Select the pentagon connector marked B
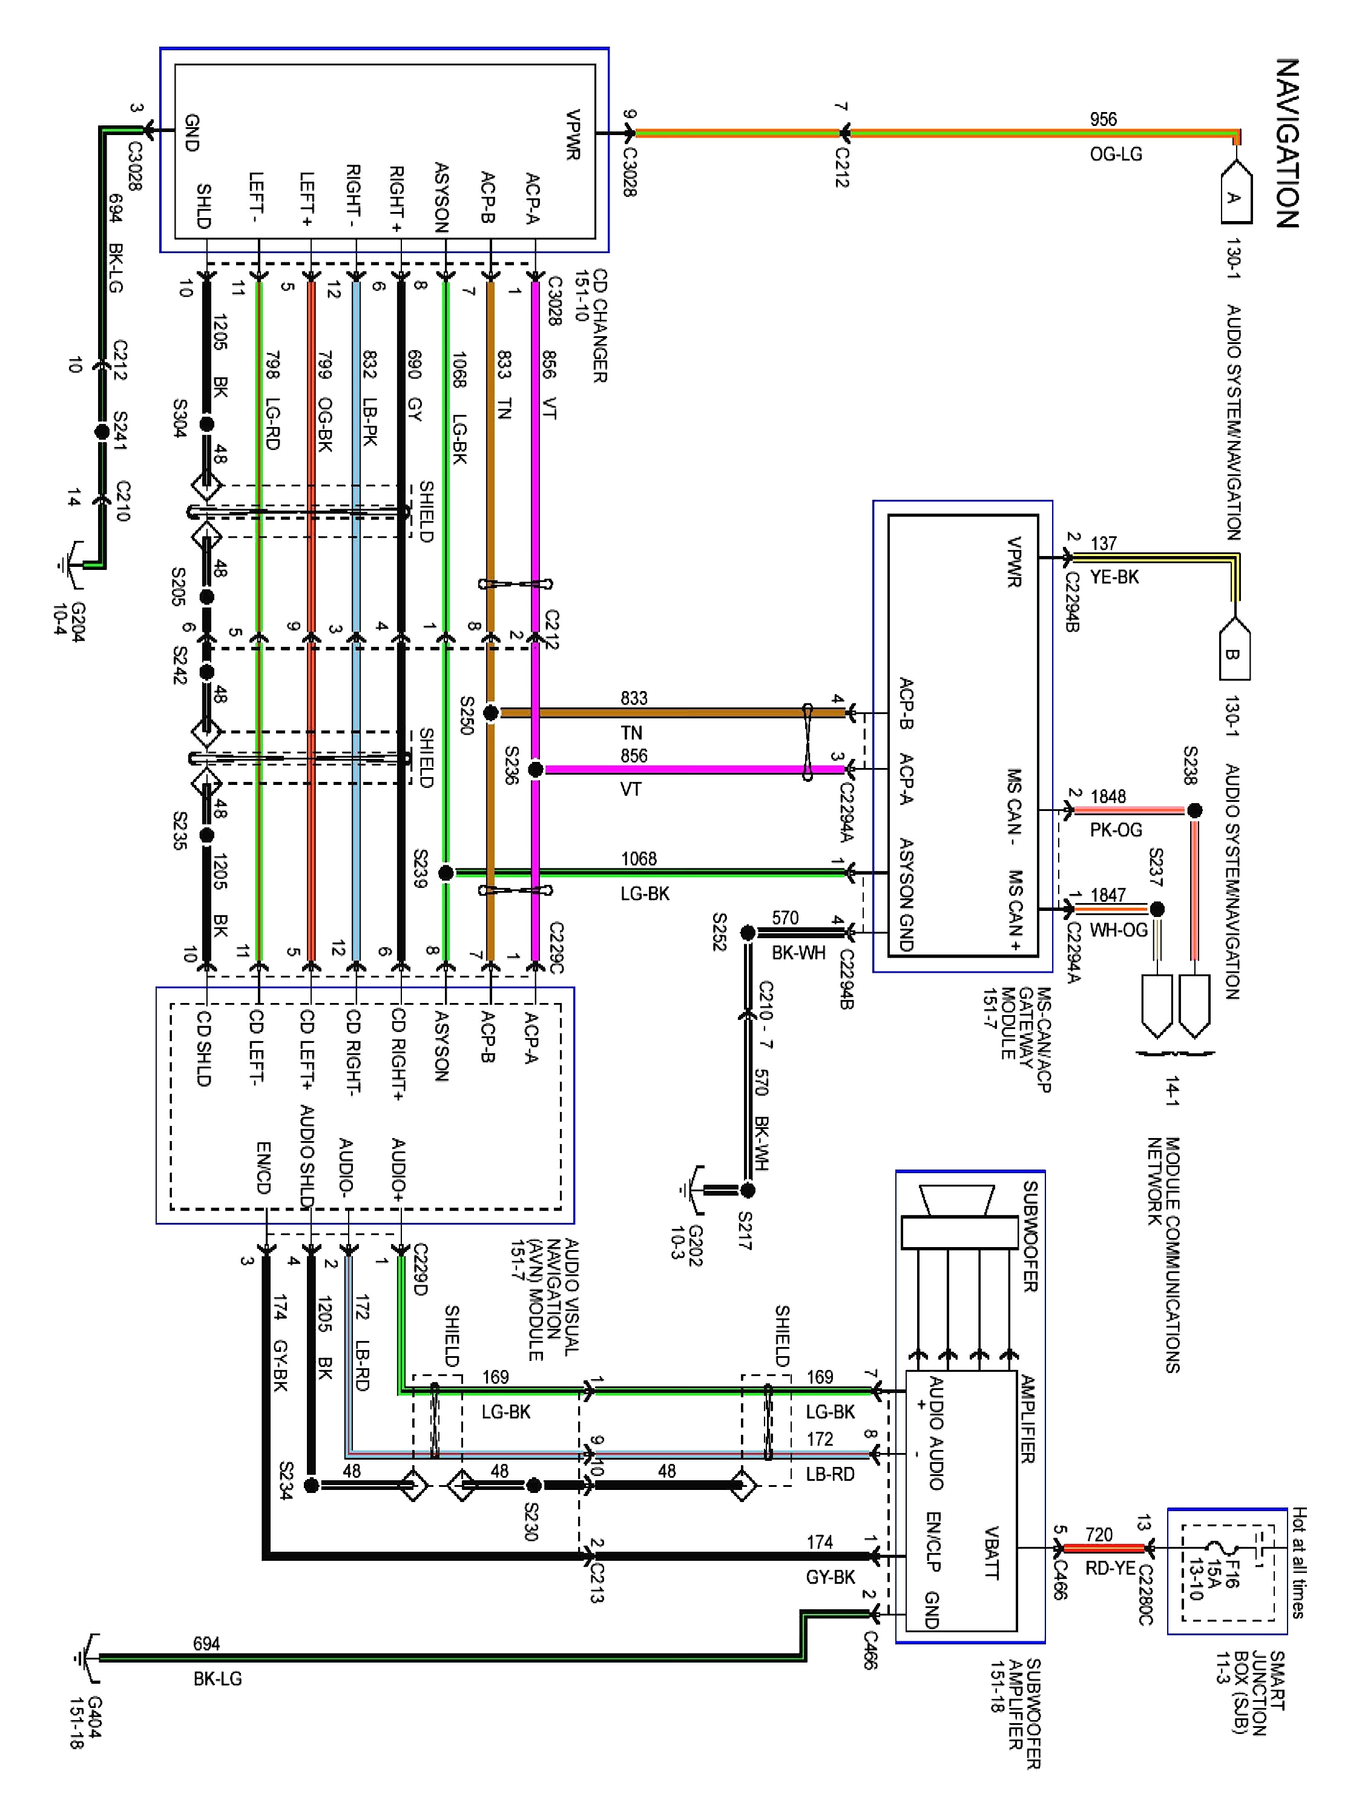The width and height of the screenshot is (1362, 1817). point(1234,649)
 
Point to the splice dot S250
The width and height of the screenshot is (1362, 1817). point(490,713)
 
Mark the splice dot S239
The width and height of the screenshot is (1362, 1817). point(446,872)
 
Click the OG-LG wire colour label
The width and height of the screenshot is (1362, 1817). point(1115,154)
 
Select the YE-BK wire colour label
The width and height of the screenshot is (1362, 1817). point(1113,577)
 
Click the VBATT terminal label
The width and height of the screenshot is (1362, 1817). point(991,1552)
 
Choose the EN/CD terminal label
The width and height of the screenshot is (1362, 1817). point(263,1167)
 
